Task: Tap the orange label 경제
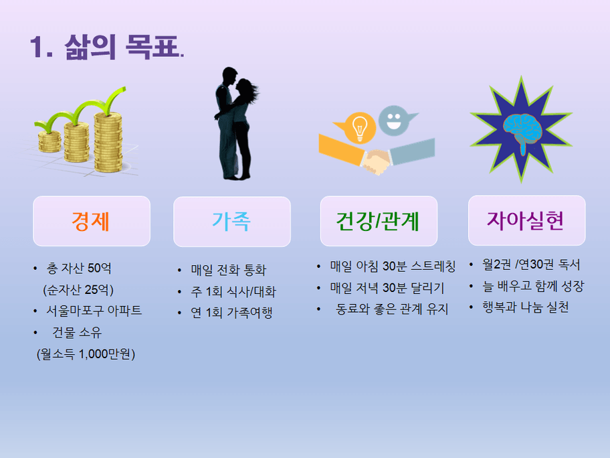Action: tap(91, 221)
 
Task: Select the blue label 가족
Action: tap(231, 221)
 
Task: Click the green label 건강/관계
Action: tap(378, 221)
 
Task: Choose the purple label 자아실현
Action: tap(526, 220)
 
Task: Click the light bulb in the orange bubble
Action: tap(360, 128)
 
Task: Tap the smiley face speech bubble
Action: tap(397, 121)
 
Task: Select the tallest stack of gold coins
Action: tap(108, 142)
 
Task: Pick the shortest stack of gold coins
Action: tap(49, 142)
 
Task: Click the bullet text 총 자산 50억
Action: tap(79, 268)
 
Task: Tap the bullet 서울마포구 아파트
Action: tap(94, 311)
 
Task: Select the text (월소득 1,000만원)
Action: tap(86, 354)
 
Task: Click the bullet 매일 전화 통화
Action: tap(229, 269)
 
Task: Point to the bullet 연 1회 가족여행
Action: tap(231, 312)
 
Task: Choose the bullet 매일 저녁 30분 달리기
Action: tap(387, 287)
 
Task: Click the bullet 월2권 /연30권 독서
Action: tap(531, 264)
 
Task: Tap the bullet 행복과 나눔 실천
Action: tap(526, 307)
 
